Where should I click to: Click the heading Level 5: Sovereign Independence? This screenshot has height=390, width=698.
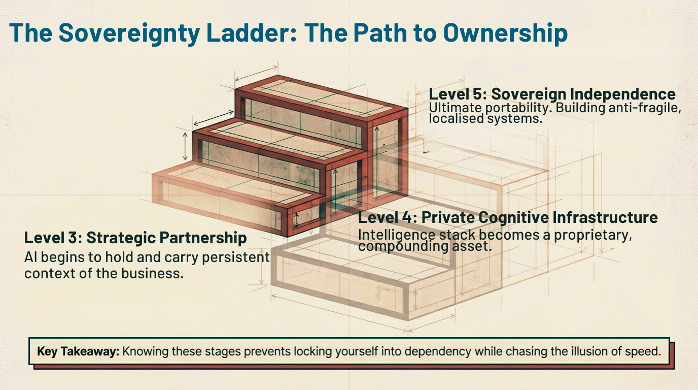coord(552,94)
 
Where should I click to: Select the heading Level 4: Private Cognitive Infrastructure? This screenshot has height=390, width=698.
coord(508,217)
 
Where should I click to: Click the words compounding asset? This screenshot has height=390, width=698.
coord(425,246)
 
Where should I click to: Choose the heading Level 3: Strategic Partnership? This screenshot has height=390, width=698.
coord(135,238)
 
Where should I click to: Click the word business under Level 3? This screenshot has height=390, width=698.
coord(155,273)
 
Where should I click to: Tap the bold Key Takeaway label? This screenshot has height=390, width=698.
coord(78,351)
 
